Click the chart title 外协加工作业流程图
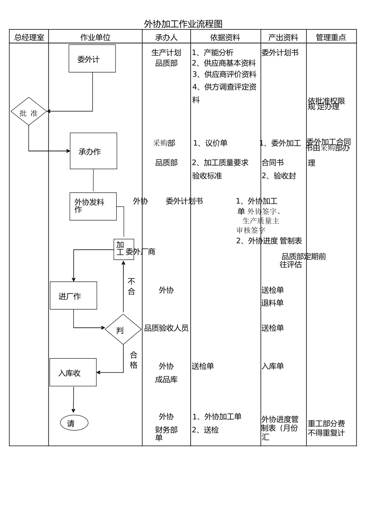click(183, 24)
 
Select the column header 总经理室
click(29, 38)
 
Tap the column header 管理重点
click(331, 38)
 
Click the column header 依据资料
click(225, 38)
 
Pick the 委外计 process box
click(92, 59)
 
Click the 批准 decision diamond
click(29, 112)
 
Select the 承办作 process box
click(93, 151)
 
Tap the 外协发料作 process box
click(93, 206)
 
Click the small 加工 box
click(124, 249)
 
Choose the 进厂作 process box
click(73, 296)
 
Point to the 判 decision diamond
click(123, 330)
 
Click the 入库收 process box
click(73, 373)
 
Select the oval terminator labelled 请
click(74, 423)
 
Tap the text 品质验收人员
click(166, 328)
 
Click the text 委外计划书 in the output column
click(280, 53)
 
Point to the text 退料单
click(272, 303)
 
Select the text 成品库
click(166, 380)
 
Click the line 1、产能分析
click(213, 53)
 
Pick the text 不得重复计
click(326, 433)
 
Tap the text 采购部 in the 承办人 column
click(164, 143)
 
